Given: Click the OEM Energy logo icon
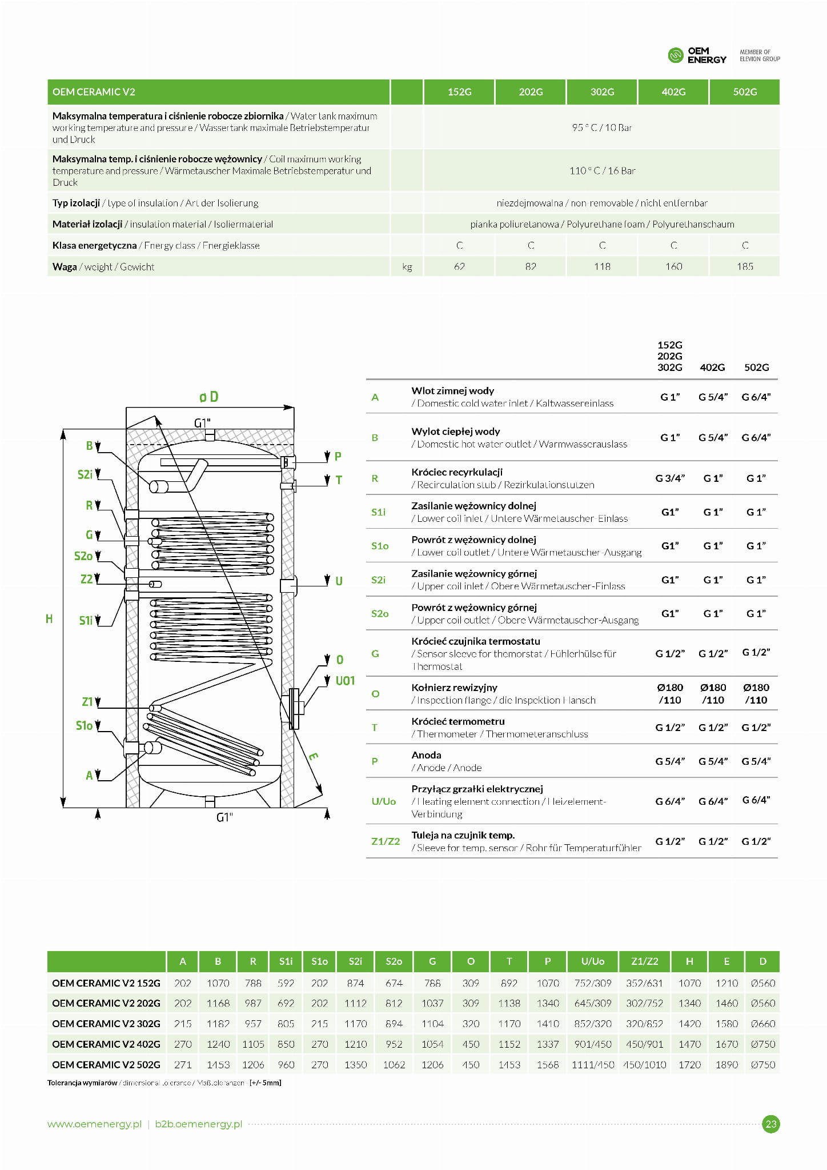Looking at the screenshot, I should pyautogui.click(x=676, y=55).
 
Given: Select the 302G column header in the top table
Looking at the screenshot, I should pyautogui.click(x=602, y=92).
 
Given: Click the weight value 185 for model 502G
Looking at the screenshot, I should pyautogui.click(x=745, y=266).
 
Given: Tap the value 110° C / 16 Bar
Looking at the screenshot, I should pyautogui.click(x=602, y=170).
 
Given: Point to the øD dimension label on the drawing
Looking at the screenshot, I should pyautogui.click(x=209, y=397).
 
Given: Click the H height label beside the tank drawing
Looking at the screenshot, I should pyautogui.click(x=49, y=618).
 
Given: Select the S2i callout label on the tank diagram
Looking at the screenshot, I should pyautogui.click(x=85, y=474).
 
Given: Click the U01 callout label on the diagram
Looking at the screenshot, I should pyautogui.click(x=345, y=681).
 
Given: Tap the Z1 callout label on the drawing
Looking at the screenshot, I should pyautogui.click(x=87, y=702).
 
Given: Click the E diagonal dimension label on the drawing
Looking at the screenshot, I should pyautogui.click(x=313, y=757).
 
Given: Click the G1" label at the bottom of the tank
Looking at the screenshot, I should pyautogui.click(x=224, y=817).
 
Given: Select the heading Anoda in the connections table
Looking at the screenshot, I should pyautogui.click(x=426, y=755).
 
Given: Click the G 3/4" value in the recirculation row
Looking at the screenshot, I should pyautogui.click(x=669, y=478).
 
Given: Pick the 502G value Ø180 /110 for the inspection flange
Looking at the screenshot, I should pyautogui.click(x=756, y=693).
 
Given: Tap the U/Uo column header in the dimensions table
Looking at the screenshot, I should pyautogui.click(x=592, y=961).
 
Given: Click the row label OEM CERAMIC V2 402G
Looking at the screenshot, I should pyautogui.click(x=106, y=1044).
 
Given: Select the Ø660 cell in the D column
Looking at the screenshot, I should pyautogui.click(x=762, y=1024).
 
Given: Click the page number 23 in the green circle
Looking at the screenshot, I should pyautogui.click(x=771, y=1124).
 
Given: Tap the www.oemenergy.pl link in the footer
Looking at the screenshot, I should pyautogui.click(x=94, y=1124).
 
